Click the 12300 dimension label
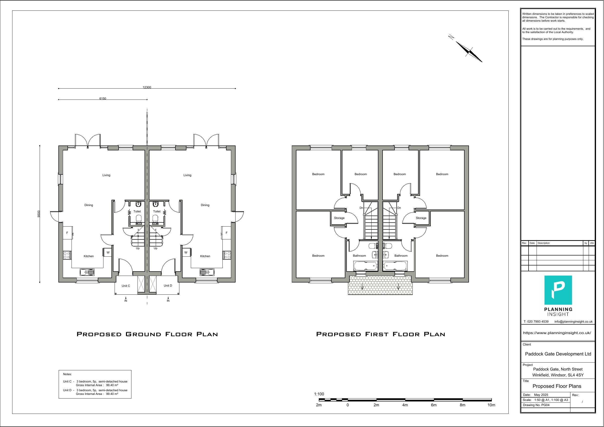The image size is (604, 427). click(147, 87)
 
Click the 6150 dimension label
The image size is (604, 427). click(103, 98)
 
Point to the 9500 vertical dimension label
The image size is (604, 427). click(39, 214)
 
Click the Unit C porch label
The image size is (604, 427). click(126, 286)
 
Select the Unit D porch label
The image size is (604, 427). click(168, 285)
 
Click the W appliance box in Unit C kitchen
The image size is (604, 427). click(108, 252)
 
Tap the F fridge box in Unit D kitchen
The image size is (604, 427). click(227, 233)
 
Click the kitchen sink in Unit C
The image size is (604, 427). click(87, 272)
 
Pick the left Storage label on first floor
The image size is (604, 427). click(339, 218)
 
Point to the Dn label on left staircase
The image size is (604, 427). click(361, 208)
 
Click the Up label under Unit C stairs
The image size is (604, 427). click(137, 248)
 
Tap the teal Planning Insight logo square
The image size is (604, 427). click(558, 290)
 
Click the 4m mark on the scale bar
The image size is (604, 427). click(405, 405)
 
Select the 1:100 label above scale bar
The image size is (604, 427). click(319, 394)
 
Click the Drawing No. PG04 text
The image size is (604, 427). click(536, 405)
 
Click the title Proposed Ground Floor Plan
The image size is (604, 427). click(147, 334)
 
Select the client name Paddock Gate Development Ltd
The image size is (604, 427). click(558, 354)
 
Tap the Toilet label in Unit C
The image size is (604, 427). click(137, 211)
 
